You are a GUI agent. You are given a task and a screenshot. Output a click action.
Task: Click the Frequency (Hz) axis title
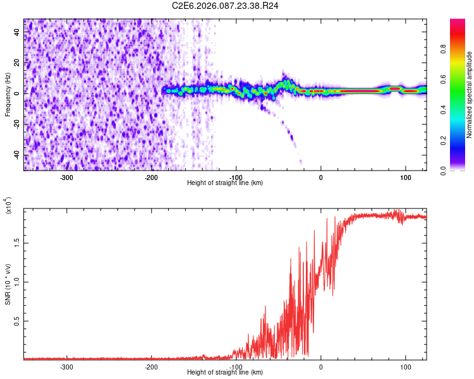tap(8, 95)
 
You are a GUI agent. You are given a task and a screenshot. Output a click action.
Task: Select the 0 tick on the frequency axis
tap(18, 93)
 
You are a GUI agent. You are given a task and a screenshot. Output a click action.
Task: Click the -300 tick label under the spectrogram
tap(67, 177)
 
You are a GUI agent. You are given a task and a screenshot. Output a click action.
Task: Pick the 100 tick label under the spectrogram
tap(405, 177)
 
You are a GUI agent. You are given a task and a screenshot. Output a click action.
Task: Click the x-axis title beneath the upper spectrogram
tap(226, 183)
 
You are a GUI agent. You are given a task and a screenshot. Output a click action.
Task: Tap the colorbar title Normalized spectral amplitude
tap(469, 95)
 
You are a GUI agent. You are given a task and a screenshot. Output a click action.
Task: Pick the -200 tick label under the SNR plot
tap(152, 366)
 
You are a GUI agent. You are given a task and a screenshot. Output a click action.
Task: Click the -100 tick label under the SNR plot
tap(236, 366)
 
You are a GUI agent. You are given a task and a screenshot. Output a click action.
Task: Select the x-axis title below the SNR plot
tap(226, 373)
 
